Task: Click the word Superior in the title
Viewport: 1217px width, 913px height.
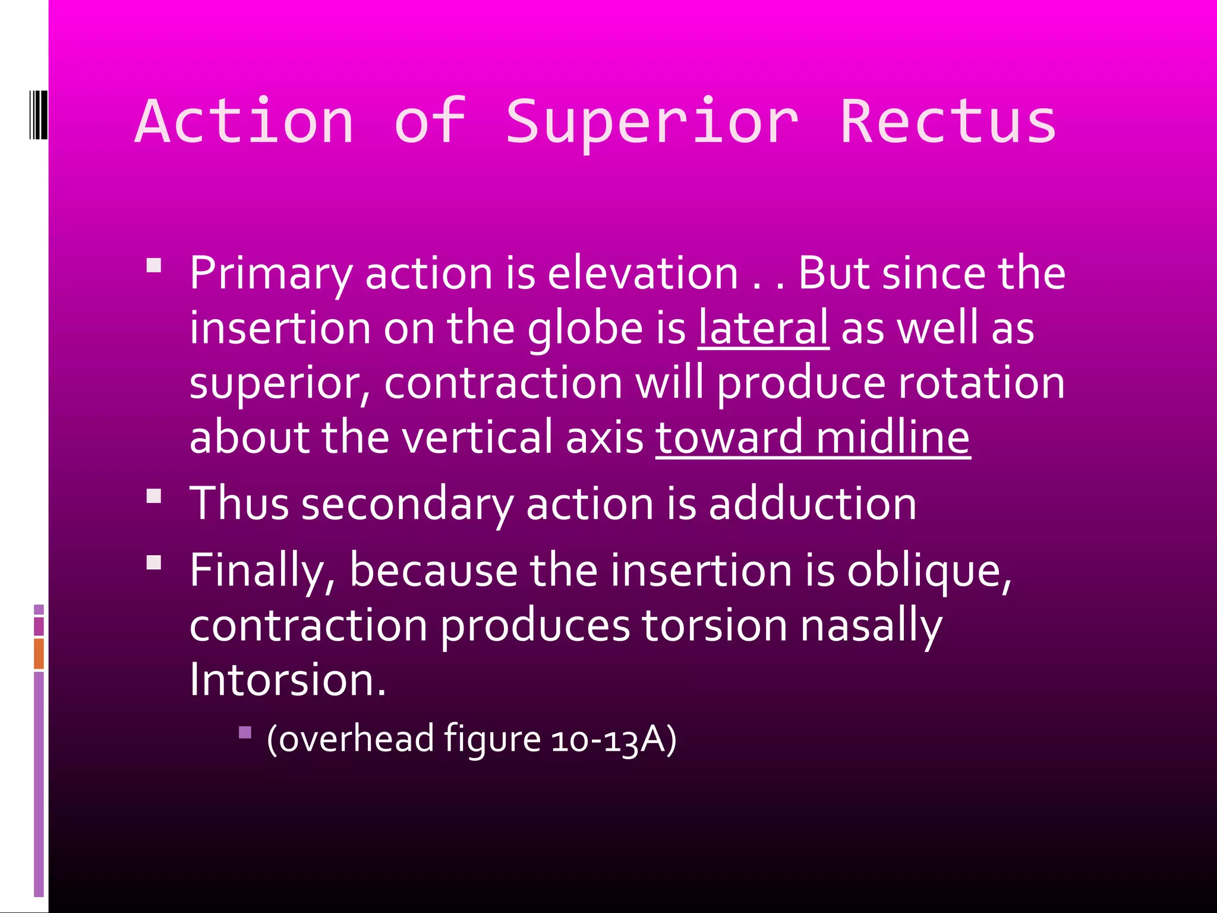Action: click(651, 122)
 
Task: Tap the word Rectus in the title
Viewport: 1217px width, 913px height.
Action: click(948, 122)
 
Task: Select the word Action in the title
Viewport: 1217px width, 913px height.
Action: click(245, 122)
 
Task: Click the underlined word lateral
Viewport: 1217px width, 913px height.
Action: click(763, 328)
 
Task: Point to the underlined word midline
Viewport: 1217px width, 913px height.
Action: click(893, 437)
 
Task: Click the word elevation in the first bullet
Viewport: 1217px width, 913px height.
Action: click(642, 273)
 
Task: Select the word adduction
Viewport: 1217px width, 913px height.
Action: click(812, 503)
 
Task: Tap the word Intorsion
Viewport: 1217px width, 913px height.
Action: click(288, 679)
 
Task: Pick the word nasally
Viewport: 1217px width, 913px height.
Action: click(871, 625)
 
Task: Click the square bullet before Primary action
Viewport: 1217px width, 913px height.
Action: click(154, 265)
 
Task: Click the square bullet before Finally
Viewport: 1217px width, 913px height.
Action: click(154, 562)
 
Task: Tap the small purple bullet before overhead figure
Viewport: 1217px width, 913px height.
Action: click(245, 732)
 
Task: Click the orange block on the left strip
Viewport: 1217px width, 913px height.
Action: click(39, 653)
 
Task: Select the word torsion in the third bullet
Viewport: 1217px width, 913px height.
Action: click(714, 625)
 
